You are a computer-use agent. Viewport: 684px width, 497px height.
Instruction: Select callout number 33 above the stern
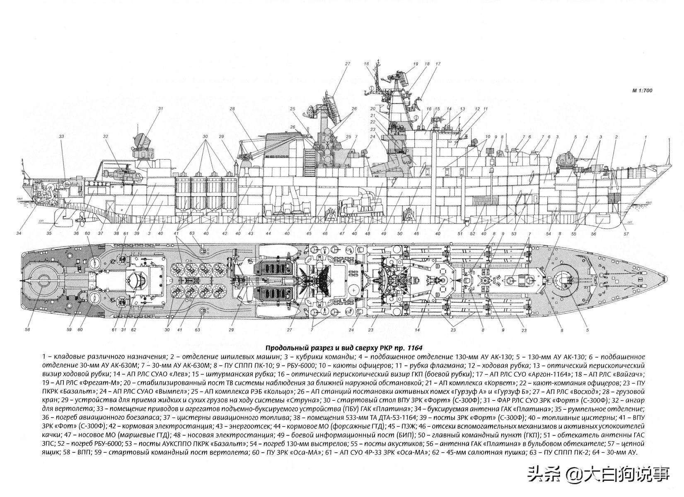62,136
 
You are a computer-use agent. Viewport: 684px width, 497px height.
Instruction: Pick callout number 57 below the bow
626,234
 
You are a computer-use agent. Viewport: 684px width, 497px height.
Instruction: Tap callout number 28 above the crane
232,109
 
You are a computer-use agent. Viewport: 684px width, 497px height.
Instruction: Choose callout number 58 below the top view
27,330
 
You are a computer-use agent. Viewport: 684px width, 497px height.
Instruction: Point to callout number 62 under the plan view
133,330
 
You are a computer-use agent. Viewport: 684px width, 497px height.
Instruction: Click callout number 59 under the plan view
69,330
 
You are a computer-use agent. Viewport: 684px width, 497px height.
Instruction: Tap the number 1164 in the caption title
415,348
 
